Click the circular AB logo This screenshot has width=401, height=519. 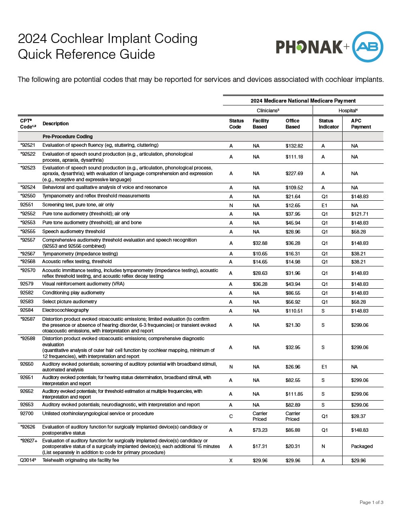[367, 47]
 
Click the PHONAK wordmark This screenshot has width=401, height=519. [309, 47]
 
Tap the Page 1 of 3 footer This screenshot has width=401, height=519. [371, 502]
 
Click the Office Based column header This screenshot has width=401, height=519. [292, 124]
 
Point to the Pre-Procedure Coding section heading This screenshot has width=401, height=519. [67, 137]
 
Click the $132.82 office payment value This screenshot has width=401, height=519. [294, 146]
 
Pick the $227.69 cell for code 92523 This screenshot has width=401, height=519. [294, 174]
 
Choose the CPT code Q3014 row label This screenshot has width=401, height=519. [28, 460]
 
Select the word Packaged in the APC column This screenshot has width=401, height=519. [362, 446]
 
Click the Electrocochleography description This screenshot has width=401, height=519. [65, 310]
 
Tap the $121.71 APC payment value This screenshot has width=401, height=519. [360, 214]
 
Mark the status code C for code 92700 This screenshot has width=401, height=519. [231, 416]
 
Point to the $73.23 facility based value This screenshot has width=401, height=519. [260, 430]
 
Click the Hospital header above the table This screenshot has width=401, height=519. [348, 110]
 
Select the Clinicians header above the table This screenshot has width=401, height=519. [268, 110]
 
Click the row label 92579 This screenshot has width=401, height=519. [27, 284]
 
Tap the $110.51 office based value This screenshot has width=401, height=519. [294, 311]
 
